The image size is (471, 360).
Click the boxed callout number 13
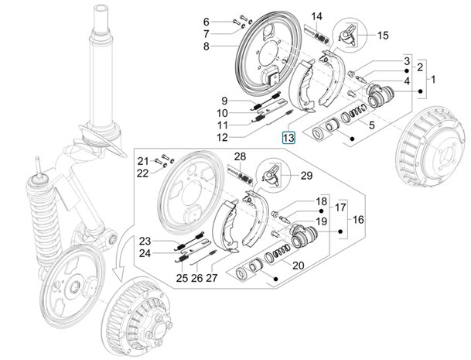288,139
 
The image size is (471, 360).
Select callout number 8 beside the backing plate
206,46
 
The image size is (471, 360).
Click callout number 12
222,138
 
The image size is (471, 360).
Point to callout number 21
143,160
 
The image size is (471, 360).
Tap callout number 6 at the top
206,21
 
